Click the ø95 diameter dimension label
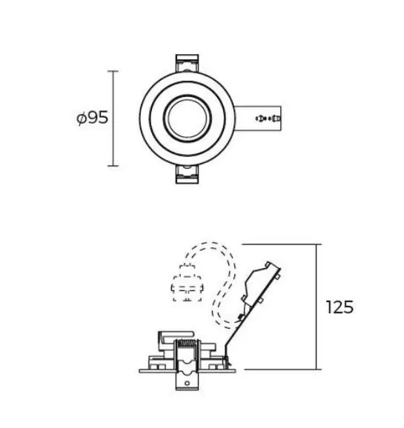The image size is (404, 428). coord(93,118)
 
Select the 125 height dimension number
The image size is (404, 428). coord(340,307)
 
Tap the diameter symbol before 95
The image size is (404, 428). coord(82,118)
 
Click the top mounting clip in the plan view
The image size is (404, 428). coord(187,63)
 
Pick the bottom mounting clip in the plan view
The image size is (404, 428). coord(187,174)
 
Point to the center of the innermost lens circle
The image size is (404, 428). coord(188,118)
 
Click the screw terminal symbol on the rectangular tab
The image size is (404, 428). coord(268,118)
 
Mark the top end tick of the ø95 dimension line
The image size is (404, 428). coord(113,71)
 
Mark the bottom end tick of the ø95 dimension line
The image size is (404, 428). coord(113,165)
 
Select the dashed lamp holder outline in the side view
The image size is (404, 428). coord(188,283)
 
